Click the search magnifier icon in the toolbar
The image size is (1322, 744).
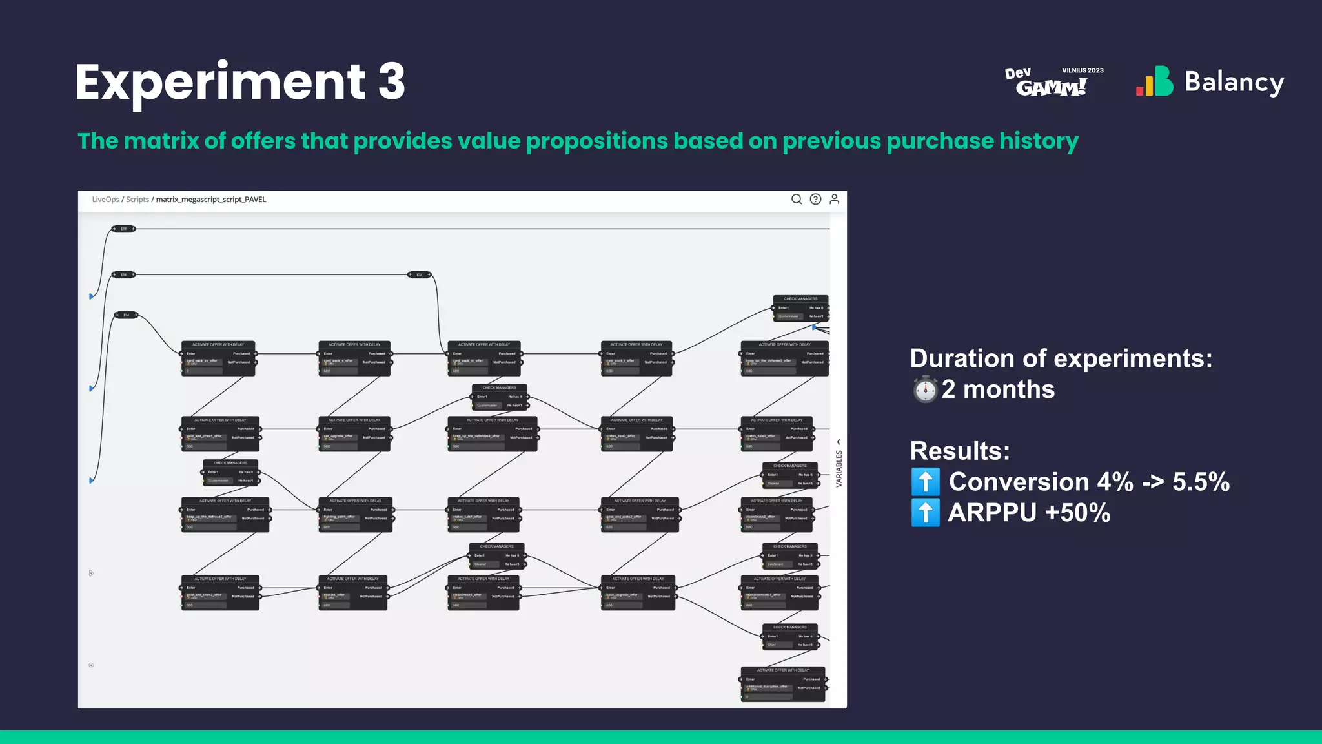point(797,200)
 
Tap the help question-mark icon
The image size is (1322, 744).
point(815,200)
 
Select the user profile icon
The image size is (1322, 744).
point(834,200)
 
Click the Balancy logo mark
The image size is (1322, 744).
point(1155,82)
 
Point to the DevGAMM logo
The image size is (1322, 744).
point(1052,82)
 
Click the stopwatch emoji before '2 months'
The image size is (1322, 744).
point(925,389)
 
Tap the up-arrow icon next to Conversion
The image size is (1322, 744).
point(925,482)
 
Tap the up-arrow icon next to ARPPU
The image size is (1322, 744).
point(925,513)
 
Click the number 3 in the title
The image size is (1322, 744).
point(391,82)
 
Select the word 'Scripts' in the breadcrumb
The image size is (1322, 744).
point(137,200)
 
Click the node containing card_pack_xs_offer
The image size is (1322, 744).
point(219,358)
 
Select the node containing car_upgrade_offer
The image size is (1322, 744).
point(354,433)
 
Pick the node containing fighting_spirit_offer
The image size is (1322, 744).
point(355,514)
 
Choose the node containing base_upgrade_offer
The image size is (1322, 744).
point(638,592)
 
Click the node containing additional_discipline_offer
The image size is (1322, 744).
point(782,684)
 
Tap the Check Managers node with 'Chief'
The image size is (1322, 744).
point(790,636)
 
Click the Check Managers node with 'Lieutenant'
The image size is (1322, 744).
point(790,555)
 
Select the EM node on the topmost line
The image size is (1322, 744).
point(123,229)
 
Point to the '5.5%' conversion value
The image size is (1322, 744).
point(1201,482)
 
